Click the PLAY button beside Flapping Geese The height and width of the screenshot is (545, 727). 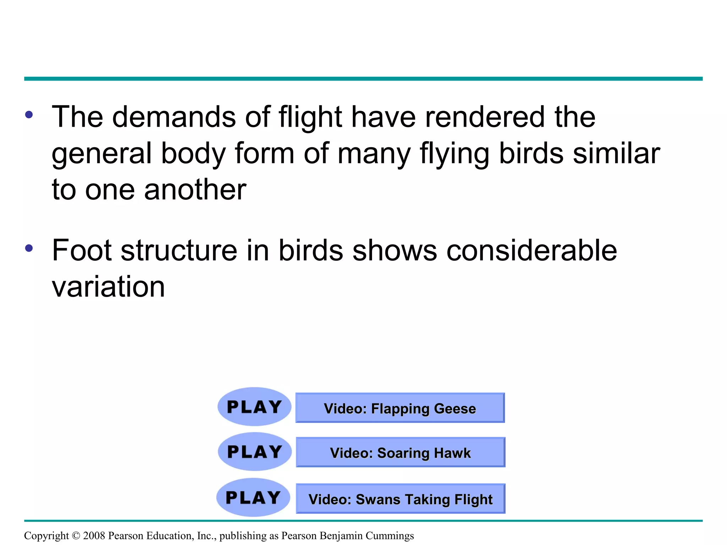tap(254, 407)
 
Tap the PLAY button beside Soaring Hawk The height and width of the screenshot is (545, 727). tap(255, 452)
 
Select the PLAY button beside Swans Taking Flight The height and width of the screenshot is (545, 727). tap(253, 497)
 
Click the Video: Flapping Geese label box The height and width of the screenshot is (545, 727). tap(400, 408)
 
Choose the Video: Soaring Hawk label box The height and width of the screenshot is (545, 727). tap(400, 452)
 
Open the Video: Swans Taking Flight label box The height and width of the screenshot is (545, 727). tap(400, 499)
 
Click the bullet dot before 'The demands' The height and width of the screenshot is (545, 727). tap(29, 115)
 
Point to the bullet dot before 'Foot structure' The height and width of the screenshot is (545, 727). tap(29, 248)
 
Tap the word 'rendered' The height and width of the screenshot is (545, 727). tap(485, 117)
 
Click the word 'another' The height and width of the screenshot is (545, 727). tap(195, 189)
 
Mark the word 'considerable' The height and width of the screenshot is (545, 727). tap(531, 251)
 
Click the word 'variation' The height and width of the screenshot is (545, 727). tap(108, 287)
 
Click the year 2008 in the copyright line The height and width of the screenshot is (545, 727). tap(94, 536)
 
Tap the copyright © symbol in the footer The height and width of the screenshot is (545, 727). tap(76, 536)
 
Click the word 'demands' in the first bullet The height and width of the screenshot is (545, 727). tap(174, 117)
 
